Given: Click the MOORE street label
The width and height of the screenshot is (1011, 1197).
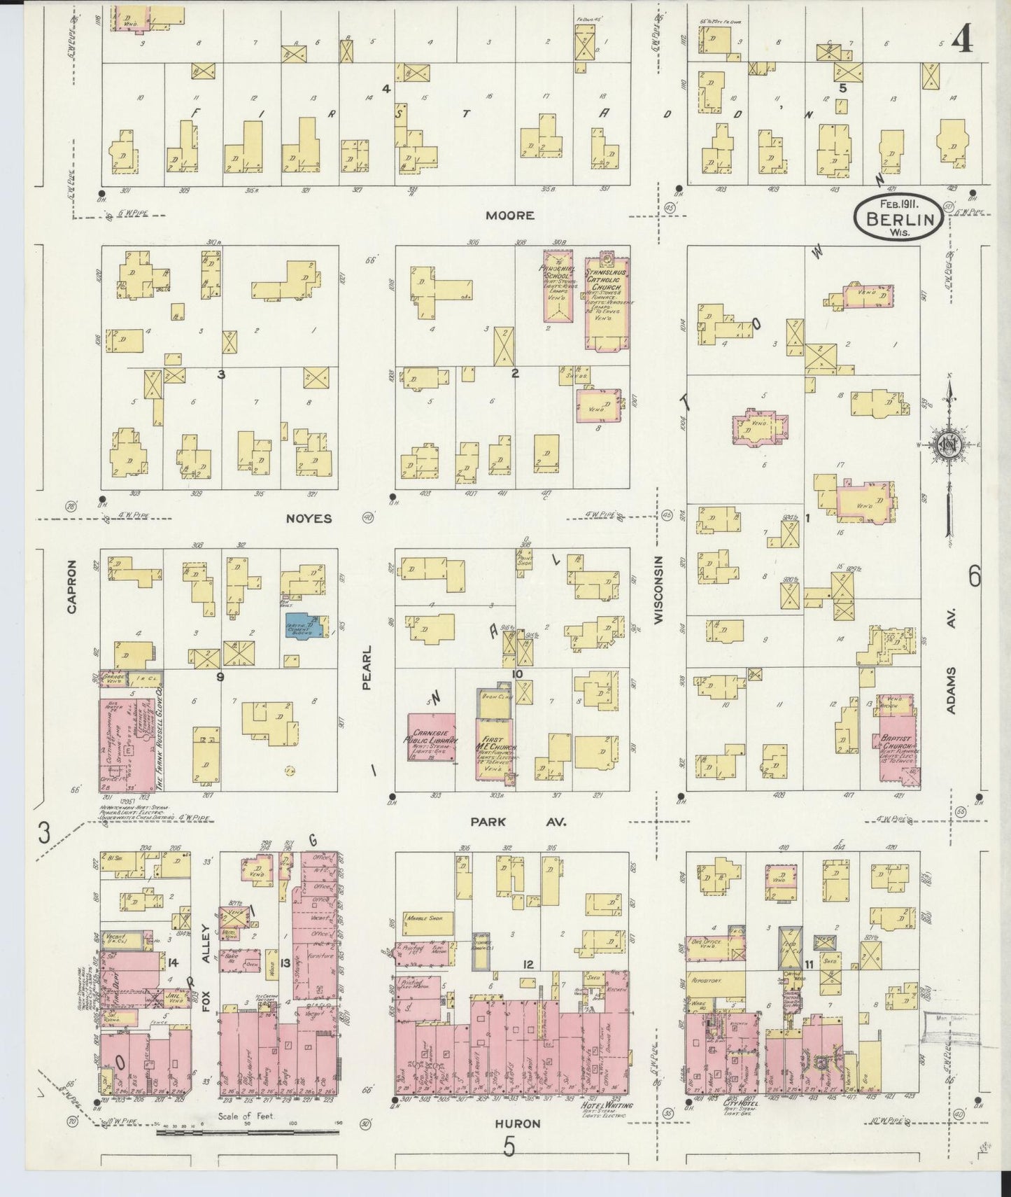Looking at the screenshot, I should pos(511,216).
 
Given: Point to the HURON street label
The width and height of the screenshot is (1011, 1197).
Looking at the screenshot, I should pos(518,1143).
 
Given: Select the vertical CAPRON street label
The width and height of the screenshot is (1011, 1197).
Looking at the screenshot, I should pos(71,596).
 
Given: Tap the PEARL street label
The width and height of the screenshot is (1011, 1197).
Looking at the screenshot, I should pos(366,668).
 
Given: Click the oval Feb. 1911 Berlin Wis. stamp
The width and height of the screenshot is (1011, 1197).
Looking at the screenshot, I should pos(898,216).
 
